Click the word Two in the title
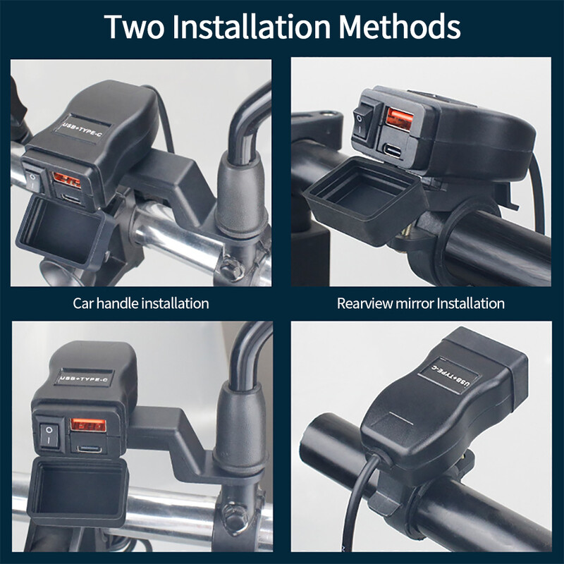tap(134, 27)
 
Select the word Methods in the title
tap(400, 26)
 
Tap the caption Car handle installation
tap(140, 303)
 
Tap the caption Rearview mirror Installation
tap(420, 303)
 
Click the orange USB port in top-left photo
tap(67, 180)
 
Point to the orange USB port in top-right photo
tap(399, 118)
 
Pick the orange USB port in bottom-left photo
tap(88, 425)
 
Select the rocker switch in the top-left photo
tap(32, 180)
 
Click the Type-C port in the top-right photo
tap(393, 150)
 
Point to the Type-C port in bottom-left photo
tap(90, 449)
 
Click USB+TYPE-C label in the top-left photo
tap(82, 130)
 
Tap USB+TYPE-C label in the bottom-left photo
tap(85, 379)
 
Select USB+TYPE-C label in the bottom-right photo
tap(450, 376)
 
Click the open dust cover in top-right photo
tap(366, 200)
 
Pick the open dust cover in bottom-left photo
tap(78, 493)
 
